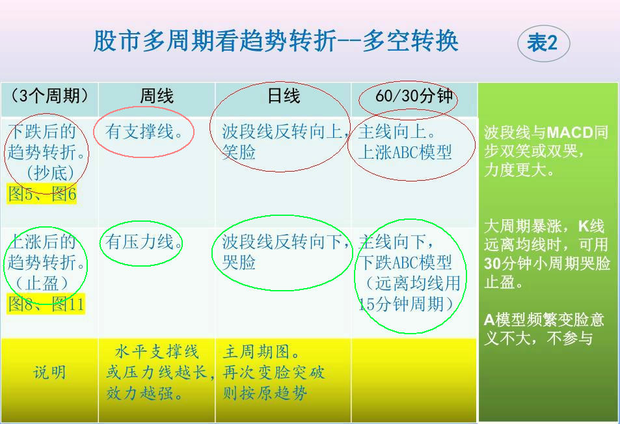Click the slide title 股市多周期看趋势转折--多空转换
coord(276,41)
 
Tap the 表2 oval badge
coord(543,44)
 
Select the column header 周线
coord(157,96)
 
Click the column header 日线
coord(284,96)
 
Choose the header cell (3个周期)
coord(49,96)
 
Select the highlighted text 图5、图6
coord(42,193)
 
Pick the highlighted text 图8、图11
coord(46,304)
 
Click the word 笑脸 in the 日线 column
coord(239,152)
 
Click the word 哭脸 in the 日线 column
coord(239,263)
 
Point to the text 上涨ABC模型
coord(405,152)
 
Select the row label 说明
coord(49,373)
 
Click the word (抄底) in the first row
coord(49,173)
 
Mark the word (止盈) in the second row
coord(49,284)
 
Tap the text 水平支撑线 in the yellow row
coord(156,352)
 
